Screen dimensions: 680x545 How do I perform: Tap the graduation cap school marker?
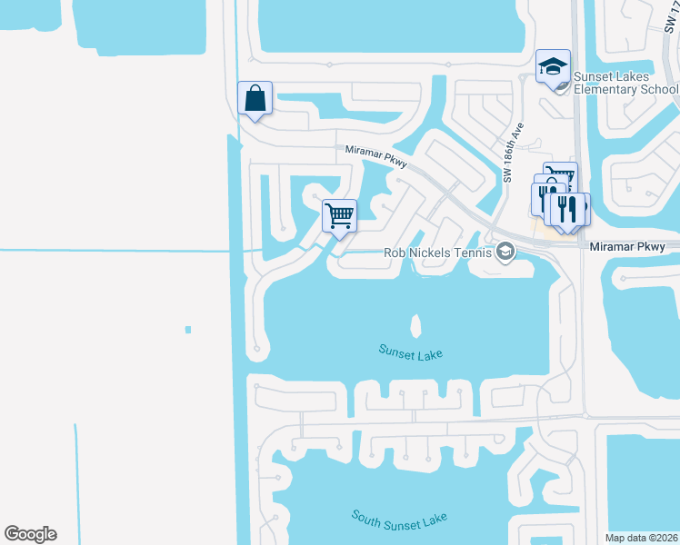pyautogui.click(x=553, y=66)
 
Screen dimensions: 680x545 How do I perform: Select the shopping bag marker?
pyautogui.click(x=255, y=98)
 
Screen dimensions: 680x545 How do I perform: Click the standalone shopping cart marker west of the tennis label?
pyautogui.click(x=339, y=216)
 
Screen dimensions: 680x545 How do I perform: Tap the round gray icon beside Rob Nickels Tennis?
pyautogui.click(x=505, y=253)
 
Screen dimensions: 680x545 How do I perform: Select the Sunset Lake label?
pyautogui.click(x=410, y=351)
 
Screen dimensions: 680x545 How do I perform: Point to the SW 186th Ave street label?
pyautogui.click(x=514, y=154)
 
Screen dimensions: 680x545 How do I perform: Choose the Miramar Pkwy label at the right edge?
pyautogui.click(x=634, y=247)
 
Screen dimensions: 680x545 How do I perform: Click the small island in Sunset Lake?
pyautogui.click(x=417, y=324)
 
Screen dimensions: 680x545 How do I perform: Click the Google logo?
pyautogui.click(x=30, y=534)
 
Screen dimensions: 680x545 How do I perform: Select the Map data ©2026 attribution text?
pyautogui.click(x=641, y=538)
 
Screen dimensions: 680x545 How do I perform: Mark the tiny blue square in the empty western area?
pyautogui.click(x=187, y=329)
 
